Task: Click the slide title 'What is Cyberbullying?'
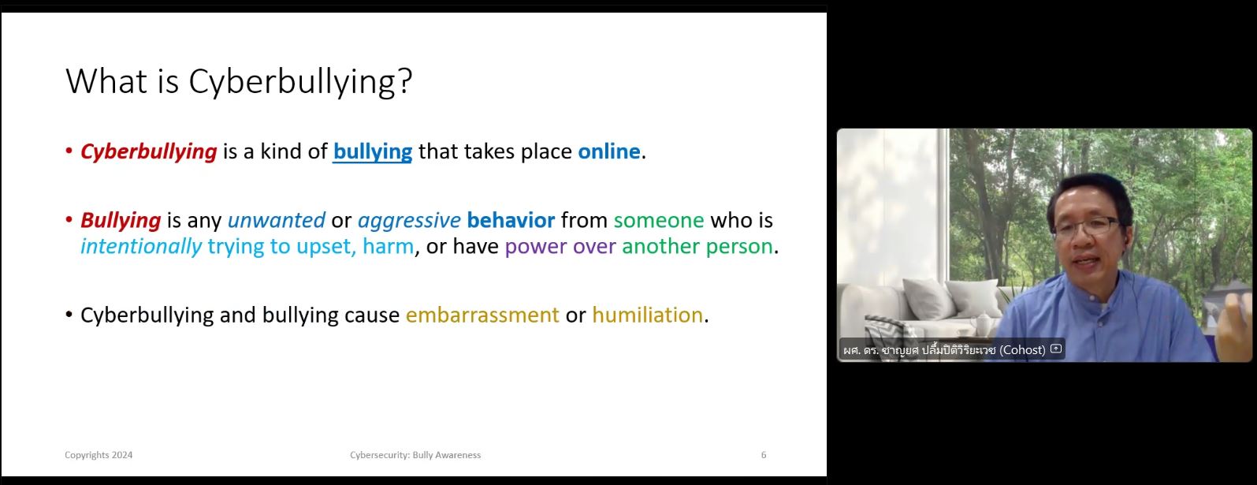point(239,82)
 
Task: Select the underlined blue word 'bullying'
point(373,152)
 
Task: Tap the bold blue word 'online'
point(609,151)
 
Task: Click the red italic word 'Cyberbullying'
point(149,152)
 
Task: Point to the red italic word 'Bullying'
point(121,221)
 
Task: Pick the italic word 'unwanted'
point(276,220)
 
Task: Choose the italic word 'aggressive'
point(409,221)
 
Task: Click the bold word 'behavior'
point(511,220)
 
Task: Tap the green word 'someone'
point(659,221)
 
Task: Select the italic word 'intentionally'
point(141,247)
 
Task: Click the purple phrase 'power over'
point(560,247)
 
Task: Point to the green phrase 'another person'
point(697,247)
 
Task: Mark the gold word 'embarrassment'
point(482,315)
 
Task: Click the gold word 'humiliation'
point(648,315)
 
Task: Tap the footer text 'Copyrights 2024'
point(99,455)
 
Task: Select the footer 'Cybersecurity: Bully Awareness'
point(415,455)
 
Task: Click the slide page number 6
point(763,455)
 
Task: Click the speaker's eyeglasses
point(1086,226)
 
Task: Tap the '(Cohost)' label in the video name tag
point(1022,349)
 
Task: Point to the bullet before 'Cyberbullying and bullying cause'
point(69,315)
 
